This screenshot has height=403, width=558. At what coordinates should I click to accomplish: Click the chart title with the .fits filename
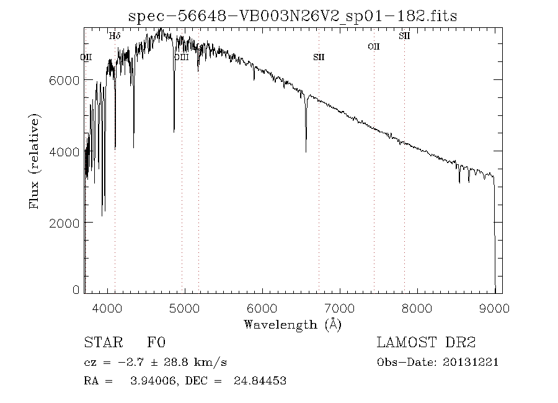pyautogui.click(x=292, y=16)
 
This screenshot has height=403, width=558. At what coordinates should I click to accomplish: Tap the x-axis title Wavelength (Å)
pyautogui.click(x=293, y=324)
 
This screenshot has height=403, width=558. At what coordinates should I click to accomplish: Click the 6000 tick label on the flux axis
pyautogui.click(x=64, y=81)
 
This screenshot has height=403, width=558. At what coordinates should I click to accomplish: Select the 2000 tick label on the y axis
pyautogui.click(x=64, y=223)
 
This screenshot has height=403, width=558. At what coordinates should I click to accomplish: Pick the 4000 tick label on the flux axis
pyautogui.click(x=64, y=152)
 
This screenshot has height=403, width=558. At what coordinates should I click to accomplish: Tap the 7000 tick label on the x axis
pyautogui.click(x=340, y=308)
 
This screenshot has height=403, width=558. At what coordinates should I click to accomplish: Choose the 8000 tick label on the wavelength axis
pyautogui.click(x=417, y=308)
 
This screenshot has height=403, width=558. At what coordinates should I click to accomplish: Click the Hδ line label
pyautogui.click(x=115, y=37)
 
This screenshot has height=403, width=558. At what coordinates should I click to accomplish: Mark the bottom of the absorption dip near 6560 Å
pyautogui.click(x=306, y=151)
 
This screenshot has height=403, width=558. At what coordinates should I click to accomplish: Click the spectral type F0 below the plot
pyautogui.click(x=157, y=343)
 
